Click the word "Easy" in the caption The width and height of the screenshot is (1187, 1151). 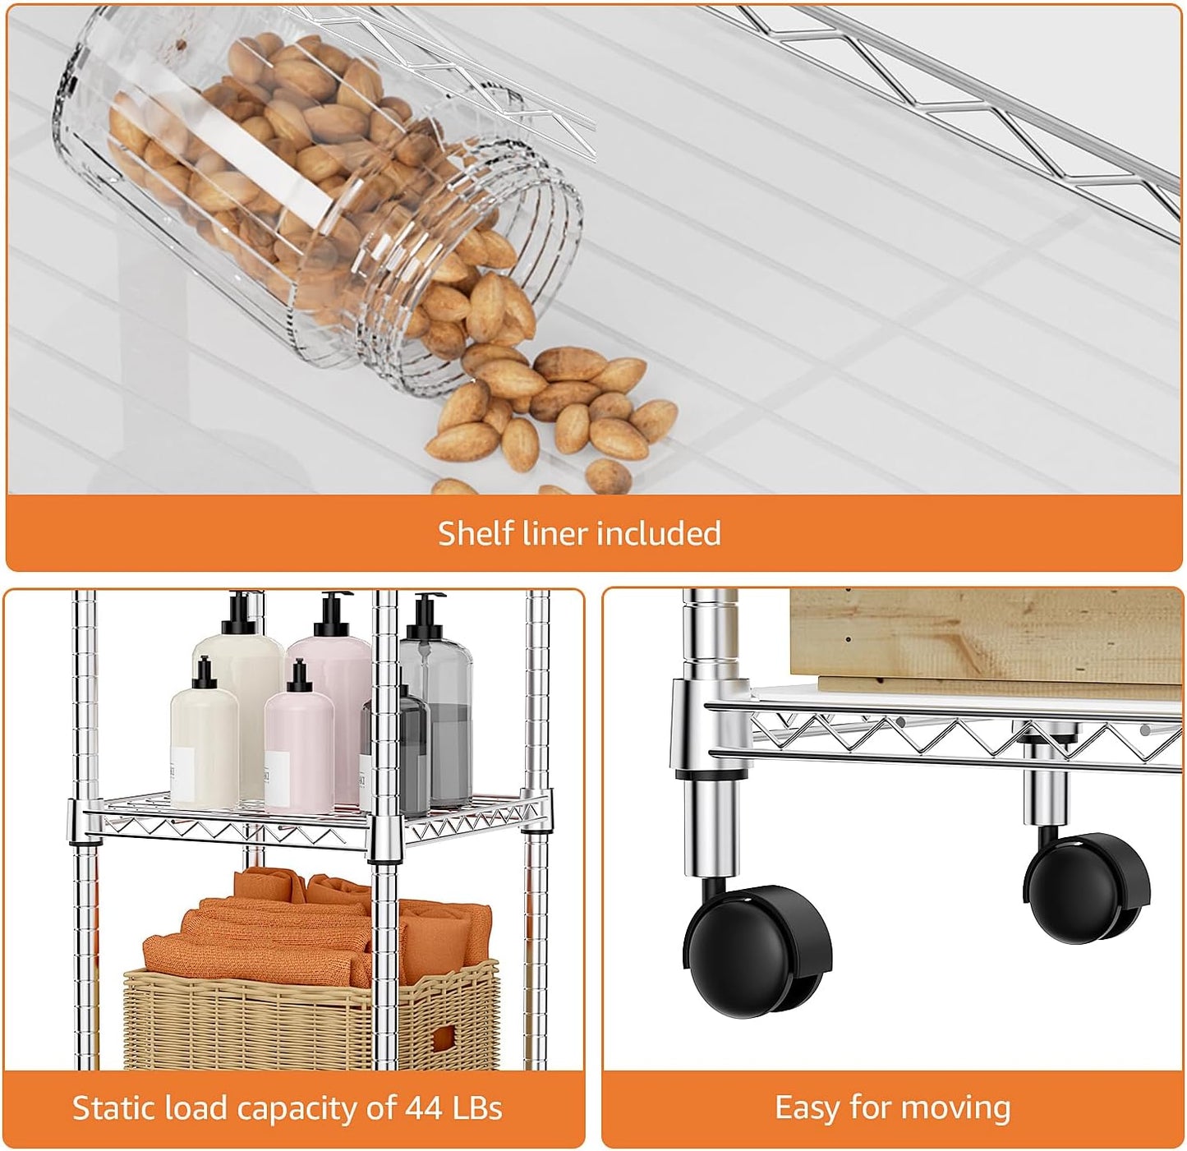(x=807, y=1107)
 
